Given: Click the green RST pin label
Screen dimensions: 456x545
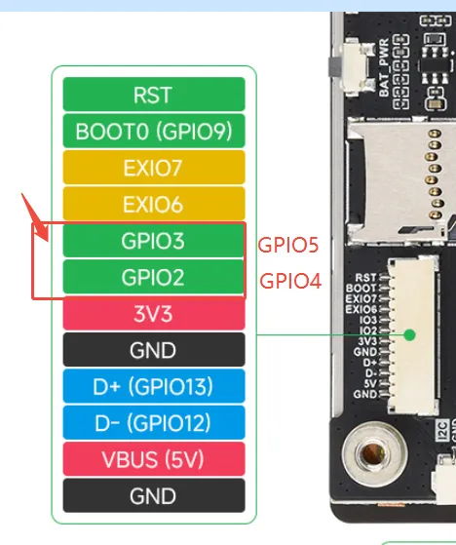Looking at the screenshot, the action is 154,95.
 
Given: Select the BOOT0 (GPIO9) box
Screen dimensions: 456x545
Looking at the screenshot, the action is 154,131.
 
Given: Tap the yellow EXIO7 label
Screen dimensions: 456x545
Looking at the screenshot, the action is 154,168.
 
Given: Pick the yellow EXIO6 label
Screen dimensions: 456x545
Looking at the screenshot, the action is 154,204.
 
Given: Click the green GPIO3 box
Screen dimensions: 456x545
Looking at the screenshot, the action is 153,241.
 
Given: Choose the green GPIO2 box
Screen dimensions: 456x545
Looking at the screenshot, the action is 153,277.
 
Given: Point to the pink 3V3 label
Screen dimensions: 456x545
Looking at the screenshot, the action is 154,314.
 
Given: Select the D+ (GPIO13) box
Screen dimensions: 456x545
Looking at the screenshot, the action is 154,386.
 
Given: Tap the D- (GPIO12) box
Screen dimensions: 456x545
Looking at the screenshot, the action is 154,422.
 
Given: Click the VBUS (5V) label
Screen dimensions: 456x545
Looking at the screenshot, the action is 154,459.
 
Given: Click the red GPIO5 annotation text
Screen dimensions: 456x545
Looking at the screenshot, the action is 288,245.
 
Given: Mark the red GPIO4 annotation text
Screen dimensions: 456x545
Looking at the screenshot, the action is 290,281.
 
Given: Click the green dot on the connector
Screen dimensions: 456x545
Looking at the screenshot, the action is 410,335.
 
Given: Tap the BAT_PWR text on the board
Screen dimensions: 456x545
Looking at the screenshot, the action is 384,68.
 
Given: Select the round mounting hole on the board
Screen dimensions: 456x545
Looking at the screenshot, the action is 374,452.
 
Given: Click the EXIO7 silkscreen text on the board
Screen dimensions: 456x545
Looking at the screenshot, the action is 361,298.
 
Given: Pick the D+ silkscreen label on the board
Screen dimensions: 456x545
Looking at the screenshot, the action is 369,362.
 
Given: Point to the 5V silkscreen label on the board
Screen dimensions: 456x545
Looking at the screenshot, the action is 370,383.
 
